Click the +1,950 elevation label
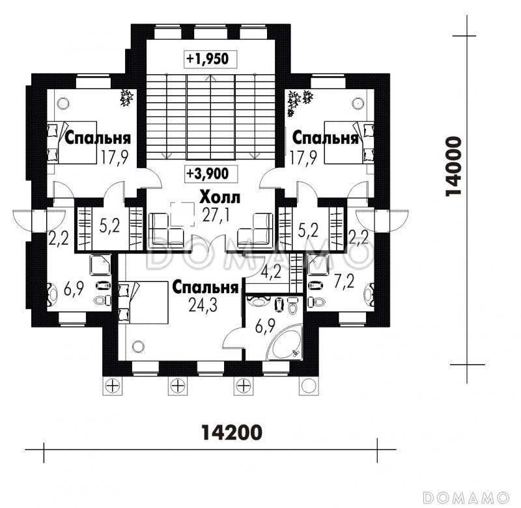coord(207,59)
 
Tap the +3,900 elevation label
coord(208,173)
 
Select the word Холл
coord(219,198)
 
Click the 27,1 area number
coord(216,216)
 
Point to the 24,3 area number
coord(203,305)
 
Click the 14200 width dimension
coord(232,432)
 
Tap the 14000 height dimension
coord(453,166)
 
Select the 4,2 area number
coord(271,272)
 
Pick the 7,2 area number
coord(344,281)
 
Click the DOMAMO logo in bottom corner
coord(466,498)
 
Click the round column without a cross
coord(309,386)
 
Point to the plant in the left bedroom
coord(126,98)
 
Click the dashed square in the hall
coord(182,214)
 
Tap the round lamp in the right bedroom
coord(357,103)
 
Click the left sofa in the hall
coord(166,231)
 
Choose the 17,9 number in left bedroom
coord(115,157)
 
